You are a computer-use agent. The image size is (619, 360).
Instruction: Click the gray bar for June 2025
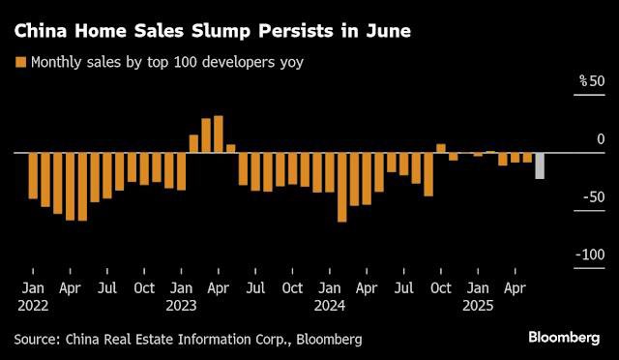(x=540, y=165)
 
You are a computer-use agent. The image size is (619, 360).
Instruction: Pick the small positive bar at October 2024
(x=441, y=148)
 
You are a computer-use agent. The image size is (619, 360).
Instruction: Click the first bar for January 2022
(x=33, y=175)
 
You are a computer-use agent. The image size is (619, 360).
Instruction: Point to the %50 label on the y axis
(x=591, y=80)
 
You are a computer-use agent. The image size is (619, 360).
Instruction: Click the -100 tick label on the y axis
(x=588, y=255)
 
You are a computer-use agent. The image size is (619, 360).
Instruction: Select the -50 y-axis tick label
(x=591, y=196)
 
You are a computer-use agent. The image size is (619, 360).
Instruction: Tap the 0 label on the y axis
(x=600, y=139)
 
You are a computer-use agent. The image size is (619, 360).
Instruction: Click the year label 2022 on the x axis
(x=33, y=305)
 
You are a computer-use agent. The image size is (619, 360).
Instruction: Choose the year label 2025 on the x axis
(x=478, y=305)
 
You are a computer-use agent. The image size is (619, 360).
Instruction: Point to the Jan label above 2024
(x=330, y=287)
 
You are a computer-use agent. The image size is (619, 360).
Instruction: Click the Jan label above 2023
(x=181, y=287)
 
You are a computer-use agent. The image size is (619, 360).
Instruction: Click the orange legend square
(x=19, y=63)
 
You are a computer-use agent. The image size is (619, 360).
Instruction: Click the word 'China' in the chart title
(x=42, y=31)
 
